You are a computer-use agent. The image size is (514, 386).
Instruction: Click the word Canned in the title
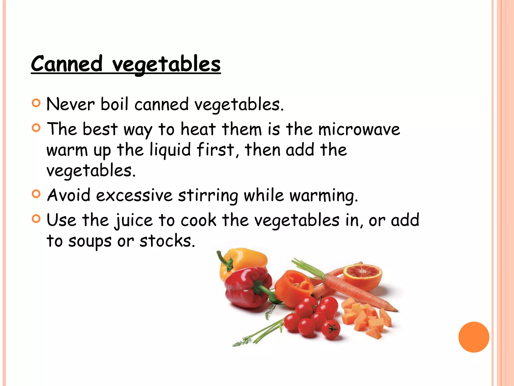[67, 64]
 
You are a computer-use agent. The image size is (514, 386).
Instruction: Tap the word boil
[114, 104]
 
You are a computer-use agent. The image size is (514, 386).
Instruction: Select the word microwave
[359, 129]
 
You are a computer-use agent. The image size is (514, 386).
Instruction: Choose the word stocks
[167, 241]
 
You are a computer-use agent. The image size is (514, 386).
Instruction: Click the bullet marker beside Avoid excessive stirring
[36, 194]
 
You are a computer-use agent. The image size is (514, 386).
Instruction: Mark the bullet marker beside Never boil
[36, 103]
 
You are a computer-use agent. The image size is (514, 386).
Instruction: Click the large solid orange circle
[474, 337]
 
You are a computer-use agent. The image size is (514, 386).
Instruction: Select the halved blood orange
[363, 275]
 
